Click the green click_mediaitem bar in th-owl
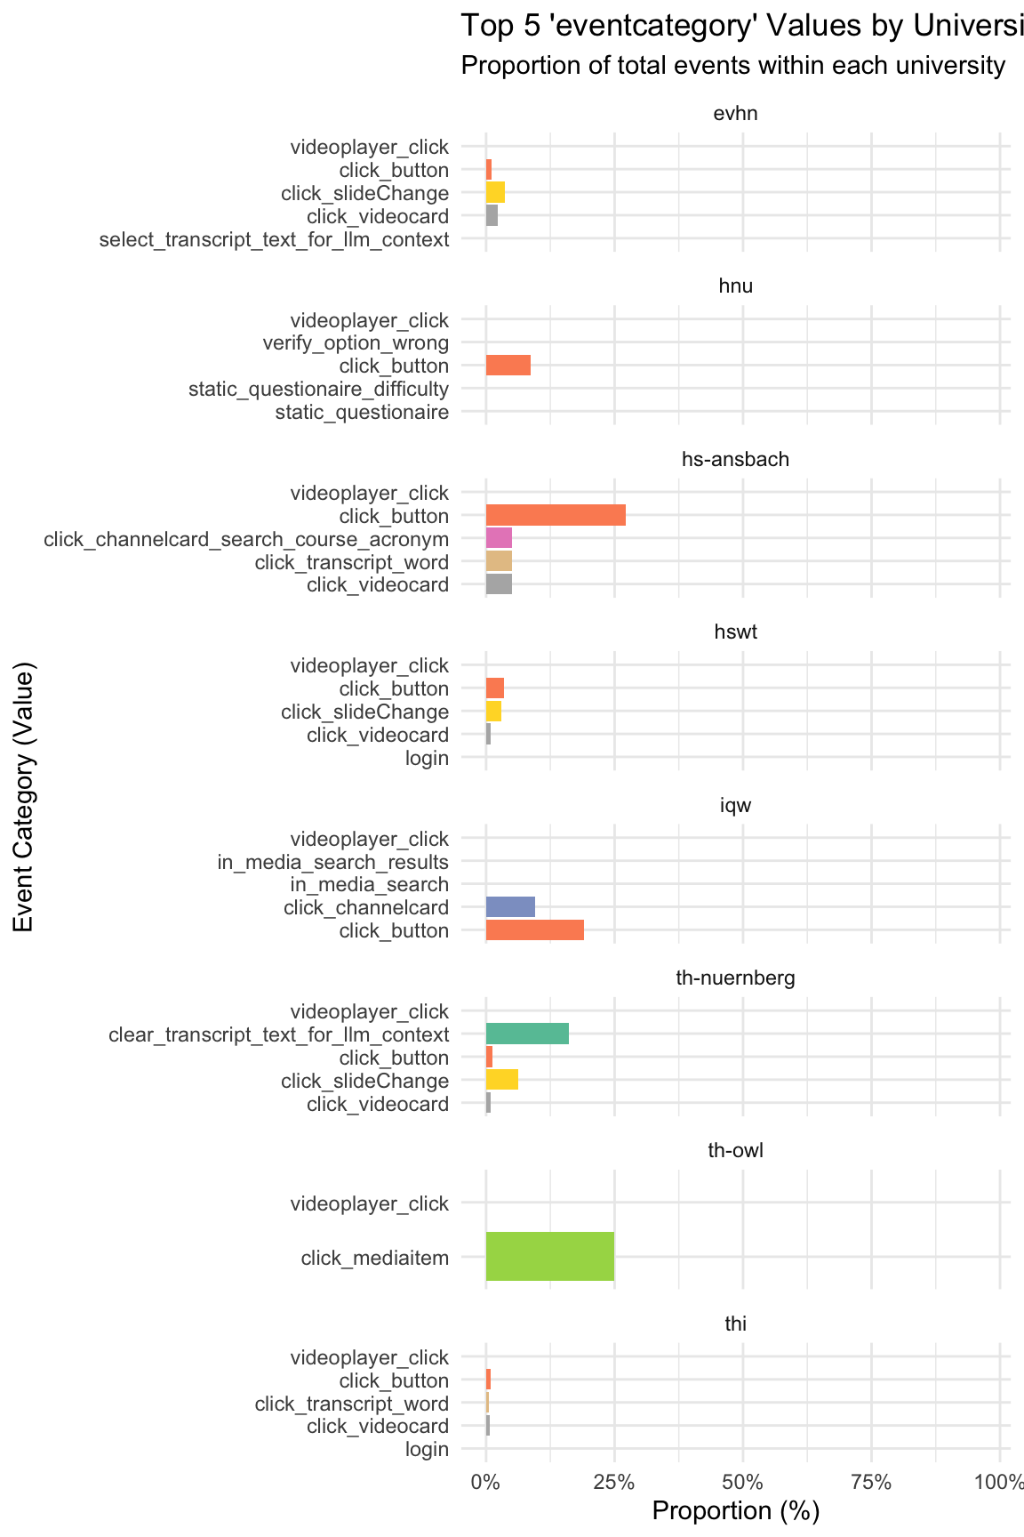click(549, 1256)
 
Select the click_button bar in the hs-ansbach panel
click(556, 515)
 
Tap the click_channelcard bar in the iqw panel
click(510, 907)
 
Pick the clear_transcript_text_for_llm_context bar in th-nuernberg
click(527, 1034)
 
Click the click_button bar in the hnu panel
click(508, 365)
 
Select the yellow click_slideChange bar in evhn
click(495, 192)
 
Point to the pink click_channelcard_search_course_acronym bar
click(499, 538)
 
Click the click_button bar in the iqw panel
click(534, 930)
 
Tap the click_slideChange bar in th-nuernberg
click(501, 1080)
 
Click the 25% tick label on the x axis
click(614, 1483)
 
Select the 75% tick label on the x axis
click(871, 1483)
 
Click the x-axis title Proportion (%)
click(735, 1511)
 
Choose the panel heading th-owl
click(735, 1150)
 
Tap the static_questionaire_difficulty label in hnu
click(318, 389)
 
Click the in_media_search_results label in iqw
click(332, 861)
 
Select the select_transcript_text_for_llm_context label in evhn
click(274, 239)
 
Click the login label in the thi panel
click(427, 1449)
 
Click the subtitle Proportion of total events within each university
click(733, 66)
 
